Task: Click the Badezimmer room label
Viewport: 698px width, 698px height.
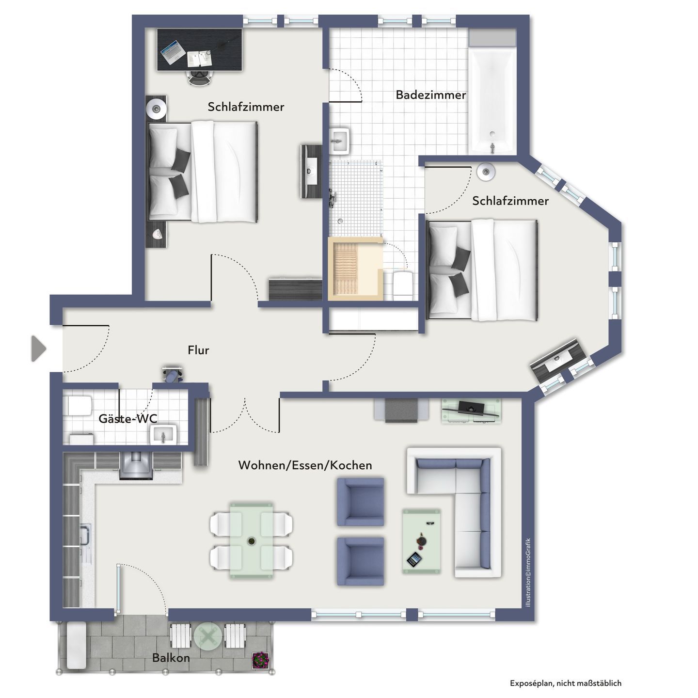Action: pyautogui.click(x=431, y=95)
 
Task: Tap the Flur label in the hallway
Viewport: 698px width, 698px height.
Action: pyautogui.click(x=198, y=350)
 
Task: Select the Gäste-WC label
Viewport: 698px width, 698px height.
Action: pyautogui.click(x=128, y=419)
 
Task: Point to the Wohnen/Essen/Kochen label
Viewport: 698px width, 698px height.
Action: pyautogui.click(x=305, y=465)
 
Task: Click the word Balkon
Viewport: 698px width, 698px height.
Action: pyautogui.click(x=171, y=657)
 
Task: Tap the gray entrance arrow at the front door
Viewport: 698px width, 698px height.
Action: pyautogui.click(x=38, y=349)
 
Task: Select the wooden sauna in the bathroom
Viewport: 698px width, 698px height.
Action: pyautogui.click(x=355, y=269)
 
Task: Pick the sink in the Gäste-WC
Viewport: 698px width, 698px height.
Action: pyautogui.click(x=163, y=434)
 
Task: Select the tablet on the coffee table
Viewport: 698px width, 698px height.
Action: pyautogui.click(x=414, y=560)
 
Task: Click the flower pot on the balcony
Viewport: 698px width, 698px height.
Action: pyautogui.click(x=260, y=660)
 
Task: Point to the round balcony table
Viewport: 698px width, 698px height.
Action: pyautogui.click(x=207, y=636)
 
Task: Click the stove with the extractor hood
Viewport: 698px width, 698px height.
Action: pyautogui.click(x=136, y=466)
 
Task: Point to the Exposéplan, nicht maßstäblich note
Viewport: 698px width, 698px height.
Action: pyautogui.click(x=565, y=683)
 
